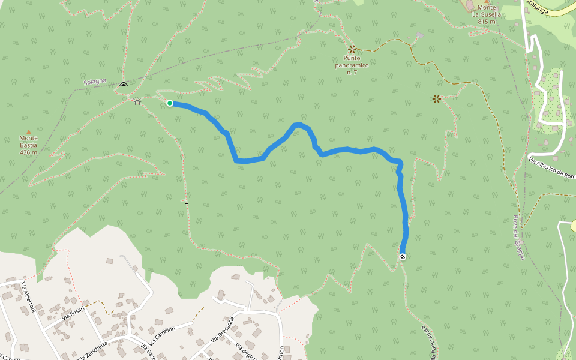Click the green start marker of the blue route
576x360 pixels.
point(170,103)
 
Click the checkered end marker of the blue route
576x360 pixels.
point(403,257)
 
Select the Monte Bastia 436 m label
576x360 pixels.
point(28,145)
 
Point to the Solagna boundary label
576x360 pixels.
point(95,81)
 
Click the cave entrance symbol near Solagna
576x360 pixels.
point(124,85)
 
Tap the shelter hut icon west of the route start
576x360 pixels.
point(137,102)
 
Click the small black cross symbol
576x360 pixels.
point(187,205)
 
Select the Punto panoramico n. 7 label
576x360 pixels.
point(352,65)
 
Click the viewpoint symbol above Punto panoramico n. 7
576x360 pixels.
point(352,49)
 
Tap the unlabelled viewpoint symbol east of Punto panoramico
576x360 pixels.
point(436,99)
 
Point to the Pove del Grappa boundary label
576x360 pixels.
point(519,238)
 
